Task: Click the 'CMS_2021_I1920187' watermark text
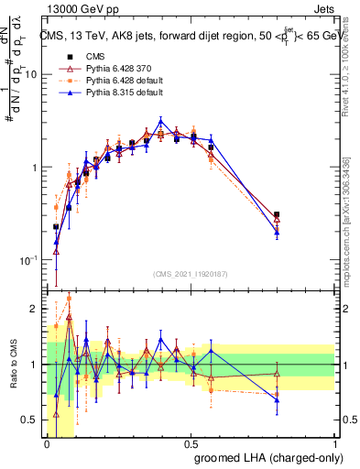click(191, 274)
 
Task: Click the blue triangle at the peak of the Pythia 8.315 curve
click(161, 121)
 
